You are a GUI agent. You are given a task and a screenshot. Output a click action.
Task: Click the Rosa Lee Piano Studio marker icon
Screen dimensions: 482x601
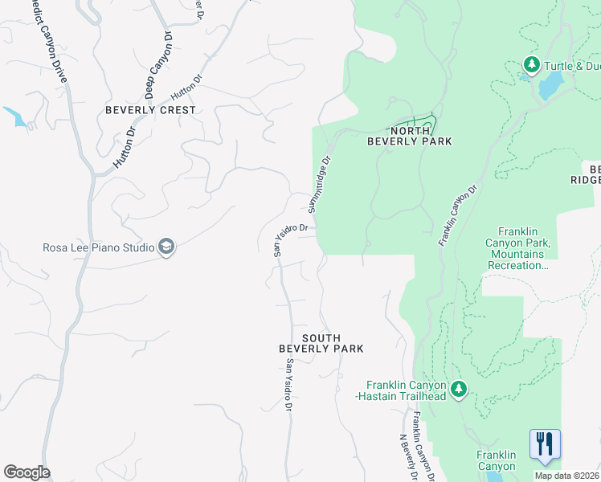tap(166, 247)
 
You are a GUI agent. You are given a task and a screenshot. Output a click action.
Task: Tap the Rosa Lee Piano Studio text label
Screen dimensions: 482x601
tap(98, 247)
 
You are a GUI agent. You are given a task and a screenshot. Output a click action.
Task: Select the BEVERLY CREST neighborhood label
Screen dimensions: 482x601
tap(150, 110)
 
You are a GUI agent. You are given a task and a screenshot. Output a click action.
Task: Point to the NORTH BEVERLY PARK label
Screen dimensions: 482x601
tap(409, 135)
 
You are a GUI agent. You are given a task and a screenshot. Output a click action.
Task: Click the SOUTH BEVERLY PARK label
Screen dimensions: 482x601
tap(321, 343)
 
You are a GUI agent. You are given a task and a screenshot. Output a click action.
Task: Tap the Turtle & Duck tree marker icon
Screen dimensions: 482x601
tap(530, 63)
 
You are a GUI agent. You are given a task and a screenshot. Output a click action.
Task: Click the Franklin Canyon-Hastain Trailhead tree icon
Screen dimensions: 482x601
tap(459, 390)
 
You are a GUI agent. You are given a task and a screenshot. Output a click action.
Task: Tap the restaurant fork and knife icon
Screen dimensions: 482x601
tap(545, 443)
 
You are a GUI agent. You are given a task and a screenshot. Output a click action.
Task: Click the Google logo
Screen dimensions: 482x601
tap(27, 472)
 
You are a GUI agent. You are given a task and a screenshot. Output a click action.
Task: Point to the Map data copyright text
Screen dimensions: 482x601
tap(566, 476)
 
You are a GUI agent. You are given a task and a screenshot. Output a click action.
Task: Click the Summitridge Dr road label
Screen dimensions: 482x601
tap(320, 184)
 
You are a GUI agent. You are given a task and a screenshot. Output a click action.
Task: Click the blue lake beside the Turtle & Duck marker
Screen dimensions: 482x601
tap(552, 84)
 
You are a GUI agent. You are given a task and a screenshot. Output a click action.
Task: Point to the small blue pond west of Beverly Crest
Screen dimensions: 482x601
tap(15, 116)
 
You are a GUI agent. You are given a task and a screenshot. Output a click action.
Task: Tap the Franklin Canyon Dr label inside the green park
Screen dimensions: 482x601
tap(458, 215)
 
